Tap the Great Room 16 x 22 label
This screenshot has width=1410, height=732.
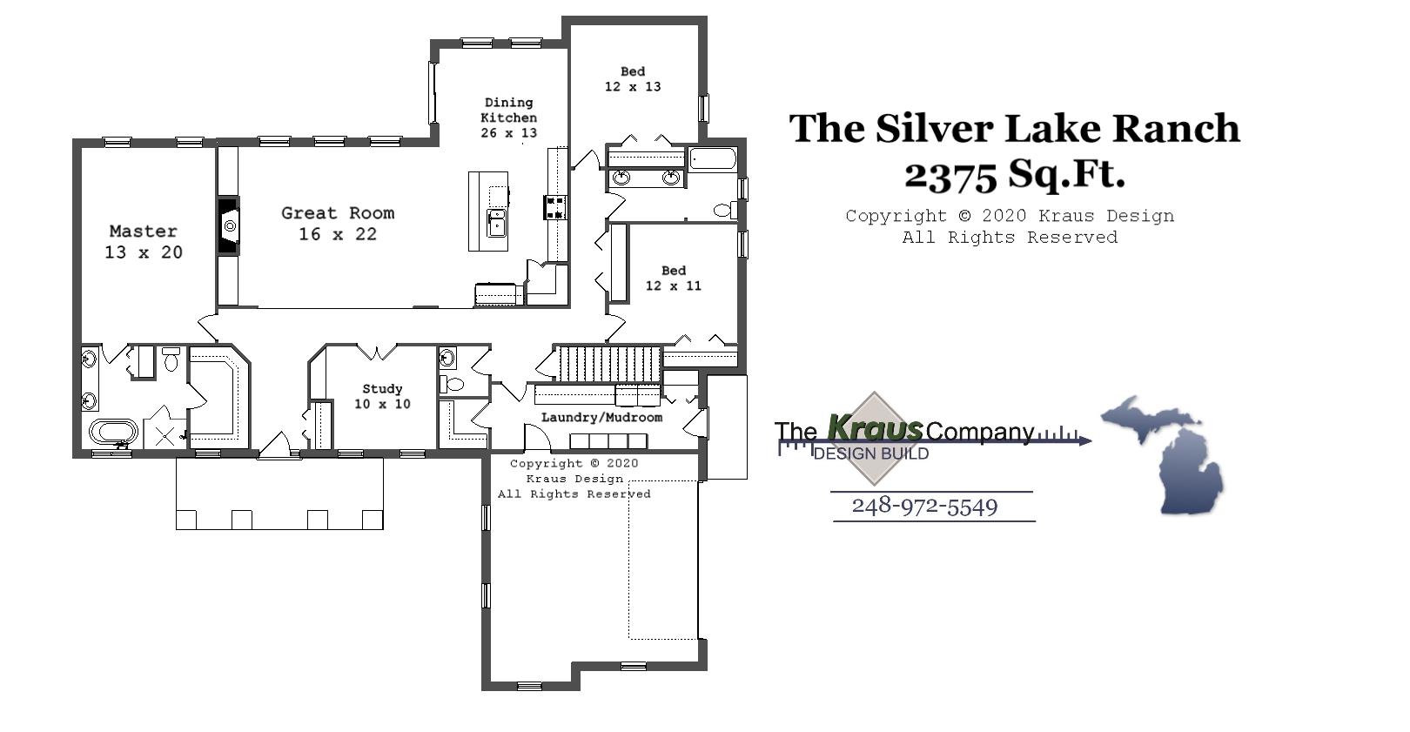pos(338,224)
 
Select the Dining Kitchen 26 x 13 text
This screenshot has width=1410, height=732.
pos(509,118)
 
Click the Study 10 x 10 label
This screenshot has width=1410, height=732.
pos(382,396)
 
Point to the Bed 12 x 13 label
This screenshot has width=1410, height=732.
pos(633,79)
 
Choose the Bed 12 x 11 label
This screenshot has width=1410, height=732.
pos(673,278)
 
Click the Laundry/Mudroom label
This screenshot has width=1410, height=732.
pos(601,418)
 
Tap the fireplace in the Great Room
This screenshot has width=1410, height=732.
pos(228,226)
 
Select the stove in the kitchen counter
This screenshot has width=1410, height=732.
pos(555,207)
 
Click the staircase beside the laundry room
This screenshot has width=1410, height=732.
pos(608,363)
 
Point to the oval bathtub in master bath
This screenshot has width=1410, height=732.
pos(114,432)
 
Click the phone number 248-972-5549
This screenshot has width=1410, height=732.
pos(924,507)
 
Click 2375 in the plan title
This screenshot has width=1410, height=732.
pos(950,176)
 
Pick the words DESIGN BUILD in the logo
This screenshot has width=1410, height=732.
pos(870,453)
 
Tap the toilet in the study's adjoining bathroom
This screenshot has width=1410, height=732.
pos(453,384)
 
